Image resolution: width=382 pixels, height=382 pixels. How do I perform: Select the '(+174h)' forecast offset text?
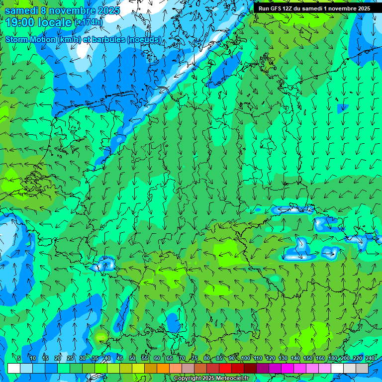(89, 22)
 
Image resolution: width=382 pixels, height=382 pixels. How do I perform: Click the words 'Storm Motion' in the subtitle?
(29, 40)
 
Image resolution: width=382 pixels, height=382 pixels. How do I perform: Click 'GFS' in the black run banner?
(275, 8)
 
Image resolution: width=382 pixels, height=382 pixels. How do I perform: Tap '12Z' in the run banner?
(287, 8)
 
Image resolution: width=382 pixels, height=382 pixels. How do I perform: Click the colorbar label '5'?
(19, 358)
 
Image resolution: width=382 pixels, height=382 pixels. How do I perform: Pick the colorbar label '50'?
(132, 358)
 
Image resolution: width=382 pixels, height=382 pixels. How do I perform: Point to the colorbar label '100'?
(245, 358)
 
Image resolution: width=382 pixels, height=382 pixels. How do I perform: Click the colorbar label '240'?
(370, 358)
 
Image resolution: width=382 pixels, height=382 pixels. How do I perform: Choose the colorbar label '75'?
(194, 358)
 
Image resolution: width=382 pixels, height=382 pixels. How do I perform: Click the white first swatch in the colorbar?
(13, 369)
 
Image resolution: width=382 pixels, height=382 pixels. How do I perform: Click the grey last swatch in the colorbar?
(362, 369)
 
